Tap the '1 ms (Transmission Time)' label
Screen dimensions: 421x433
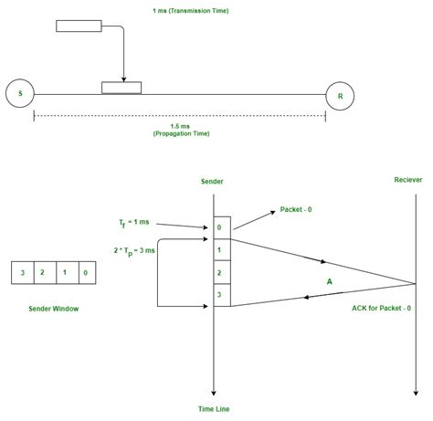[190, 11]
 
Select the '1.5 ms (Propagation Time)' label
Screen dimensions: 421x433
[179, 130]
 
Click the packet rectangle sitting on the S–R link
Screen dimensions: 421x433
[121, 88]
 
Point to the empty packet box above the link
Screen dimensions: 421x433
[79, 26]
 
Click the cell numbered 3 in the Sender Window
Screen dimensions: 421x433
[21, 272]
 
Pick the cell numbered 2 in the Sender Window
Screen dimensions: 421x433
[42, 272]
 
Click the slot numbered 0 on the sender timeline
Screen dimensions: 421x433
[221, 227]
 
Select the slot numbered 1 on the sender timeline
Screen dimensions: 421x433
[221, 249]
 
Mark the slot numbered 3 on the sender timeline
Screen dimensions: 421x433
[221, 294]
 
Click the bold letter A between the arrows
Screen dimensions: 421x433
[329, 282]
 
